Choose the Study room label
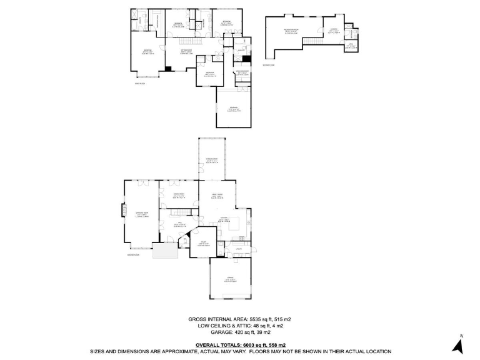[203, 243]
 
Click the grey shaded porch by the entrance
[166, 252]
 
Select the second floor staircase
[312, 41]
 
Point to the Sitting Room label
[186, 52]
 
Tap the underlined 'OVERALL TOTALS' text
[218, 344]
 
